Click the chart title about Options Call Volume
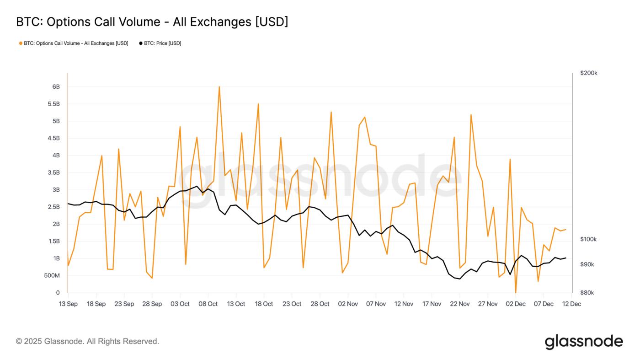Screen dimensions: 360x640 click(x=152, y=21)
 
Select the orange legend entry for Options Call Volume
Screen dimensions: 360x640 click(x=74, y=43)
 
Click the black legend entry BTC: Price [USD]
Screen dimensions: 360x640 click(x=160, y=43)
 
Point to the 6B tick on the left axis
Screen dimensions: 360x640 click(x=56, y=87)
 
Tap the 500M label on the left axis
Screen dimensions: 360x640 click(x=51, y=276)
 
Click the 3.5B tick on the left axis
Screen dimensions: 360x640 click(x=53, y=173)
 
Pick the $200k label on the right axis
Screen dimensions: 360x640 click(x=588, y=73)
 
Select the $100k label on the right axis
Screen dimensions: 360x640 click(x=588, y=239)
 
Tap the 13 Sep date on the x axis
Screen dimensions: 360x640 click(x=68, y=304)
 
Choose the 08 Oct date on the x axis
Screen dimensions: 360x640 click(x=208, y=304)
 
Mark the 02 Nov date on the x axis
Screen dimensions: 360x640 click(x=348, y=304)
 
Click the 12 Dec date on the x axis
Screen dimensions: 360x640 click(x=571, y=304)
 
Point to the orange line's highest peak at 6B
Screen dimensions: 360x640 click(x=219, y=86)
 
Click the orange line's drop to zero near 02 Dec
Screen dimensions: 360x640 click(x=516, y=292)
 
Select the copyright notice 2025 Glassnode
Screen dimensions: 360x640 click(x=87, y=341)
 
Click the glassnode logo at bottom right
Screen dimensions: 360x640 click(x=584, y=342)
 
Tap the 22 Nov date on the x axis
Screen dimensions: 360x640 click(x=460, y=304)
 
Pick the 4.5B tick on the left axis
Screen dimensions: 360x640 click(x=53, y=139)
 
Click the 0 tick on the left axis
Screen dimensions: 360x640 click(x=58, y=293)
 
